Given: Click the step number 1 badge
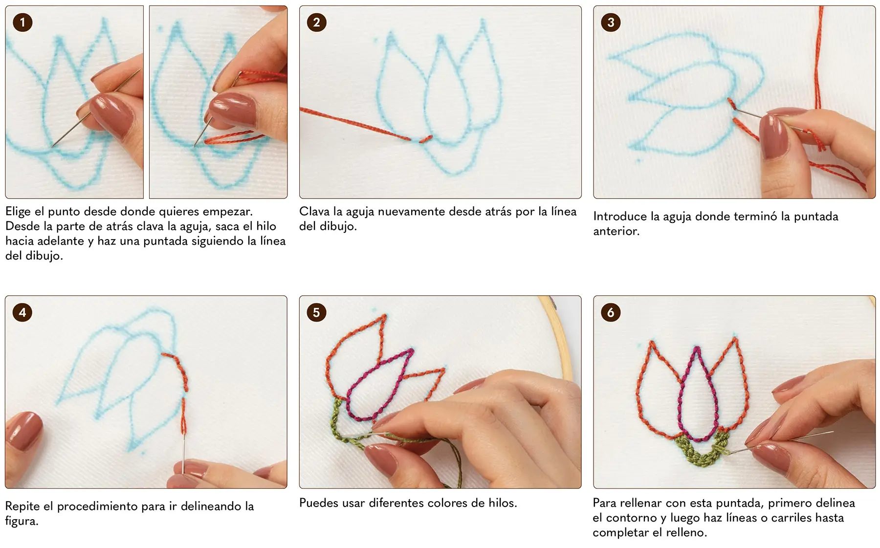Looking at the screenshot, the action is click(22, 22).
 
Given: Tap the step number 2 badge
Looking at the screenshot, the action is click(316, 22).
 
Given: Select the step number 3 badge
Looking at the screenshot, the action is click(611, 22).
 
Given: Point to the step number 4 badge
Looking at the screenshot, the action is click(22, 312).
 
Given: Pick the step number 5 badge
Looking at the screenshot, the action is click(316, 312).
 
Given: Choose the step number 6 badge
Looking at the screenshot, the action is click(611, 312).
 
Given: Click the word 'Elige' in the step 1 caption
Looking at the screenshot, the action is click(18, 212).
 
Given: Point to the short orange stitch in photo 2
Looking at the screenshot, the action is click(425, 139).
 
